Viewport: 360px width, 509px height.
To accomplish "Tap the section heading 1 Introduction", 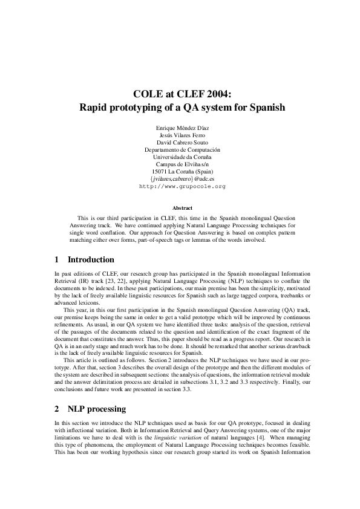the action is pos(84,260).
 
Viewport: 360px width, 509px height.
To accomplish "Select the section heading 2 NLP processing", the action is pos(90,409).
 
